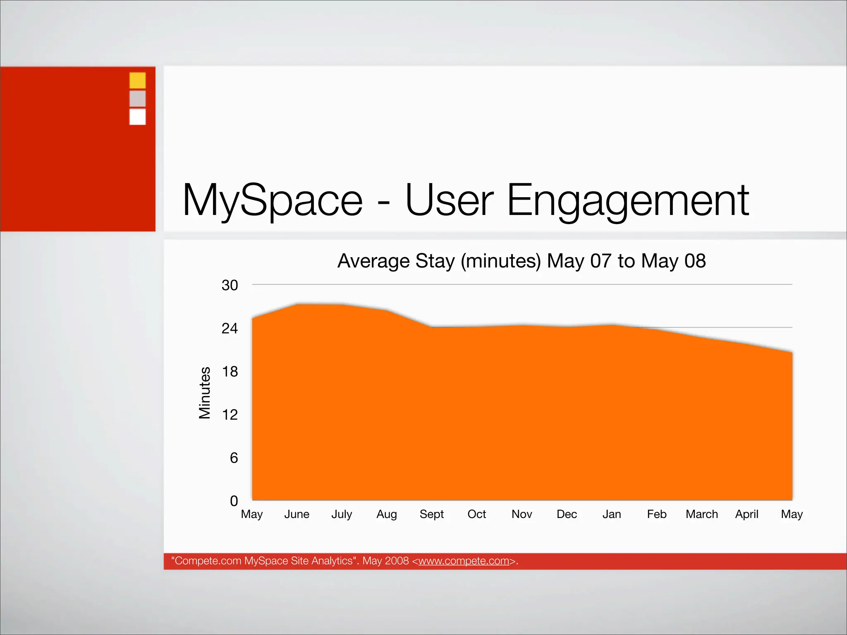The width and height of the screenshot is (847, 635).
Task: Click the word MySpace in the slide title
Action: point(273,201)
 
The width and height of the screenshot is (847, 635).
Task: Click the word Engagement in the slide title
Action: point(627,201)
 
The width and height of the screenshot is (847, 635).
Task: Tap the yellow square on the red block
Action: point(137,80)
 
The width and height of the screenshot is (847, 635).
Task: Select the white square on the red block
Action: point(137,117)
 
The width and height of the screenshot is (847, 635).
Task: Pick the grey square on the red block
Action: point(137,98)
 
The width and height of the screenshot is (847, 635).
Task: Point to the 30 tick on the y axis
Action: point(230,285)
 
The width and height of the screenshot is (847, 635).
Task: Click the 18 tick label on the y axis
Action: point(230,372)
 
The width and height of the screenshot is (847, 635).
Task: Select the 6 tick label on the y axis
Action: point(234,458)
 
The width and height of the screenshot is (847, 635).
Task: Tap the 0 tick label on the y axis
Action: point(234,501)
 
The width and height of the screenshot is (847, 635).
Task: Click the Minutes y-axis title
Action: point(205,393)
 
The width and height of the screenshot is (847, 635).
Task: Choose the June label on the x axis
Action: point(297,514)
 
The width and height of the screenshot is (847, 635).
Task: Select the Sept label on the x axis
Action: point(431,514)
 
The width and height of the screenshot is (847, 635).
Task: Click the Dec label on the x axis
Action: point(567,514)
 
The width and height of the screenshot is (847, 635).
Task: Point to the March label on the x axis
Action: point(701,514)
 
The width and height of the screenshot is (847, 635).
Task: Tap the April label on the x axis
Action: point(747,515)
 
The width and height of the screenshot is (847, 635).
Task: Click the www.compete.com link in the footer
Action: point(464,561)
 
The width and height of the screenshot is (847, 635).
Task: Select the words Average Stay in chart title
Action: point(396,261)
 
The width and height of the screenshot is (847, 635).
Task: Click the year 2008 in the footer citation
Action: point(397,561)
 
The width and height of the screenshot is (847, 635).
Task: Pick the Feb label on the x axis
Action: point(656,514)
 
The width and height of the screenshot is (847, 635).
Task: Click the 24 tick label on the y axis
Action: point(230,329)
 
